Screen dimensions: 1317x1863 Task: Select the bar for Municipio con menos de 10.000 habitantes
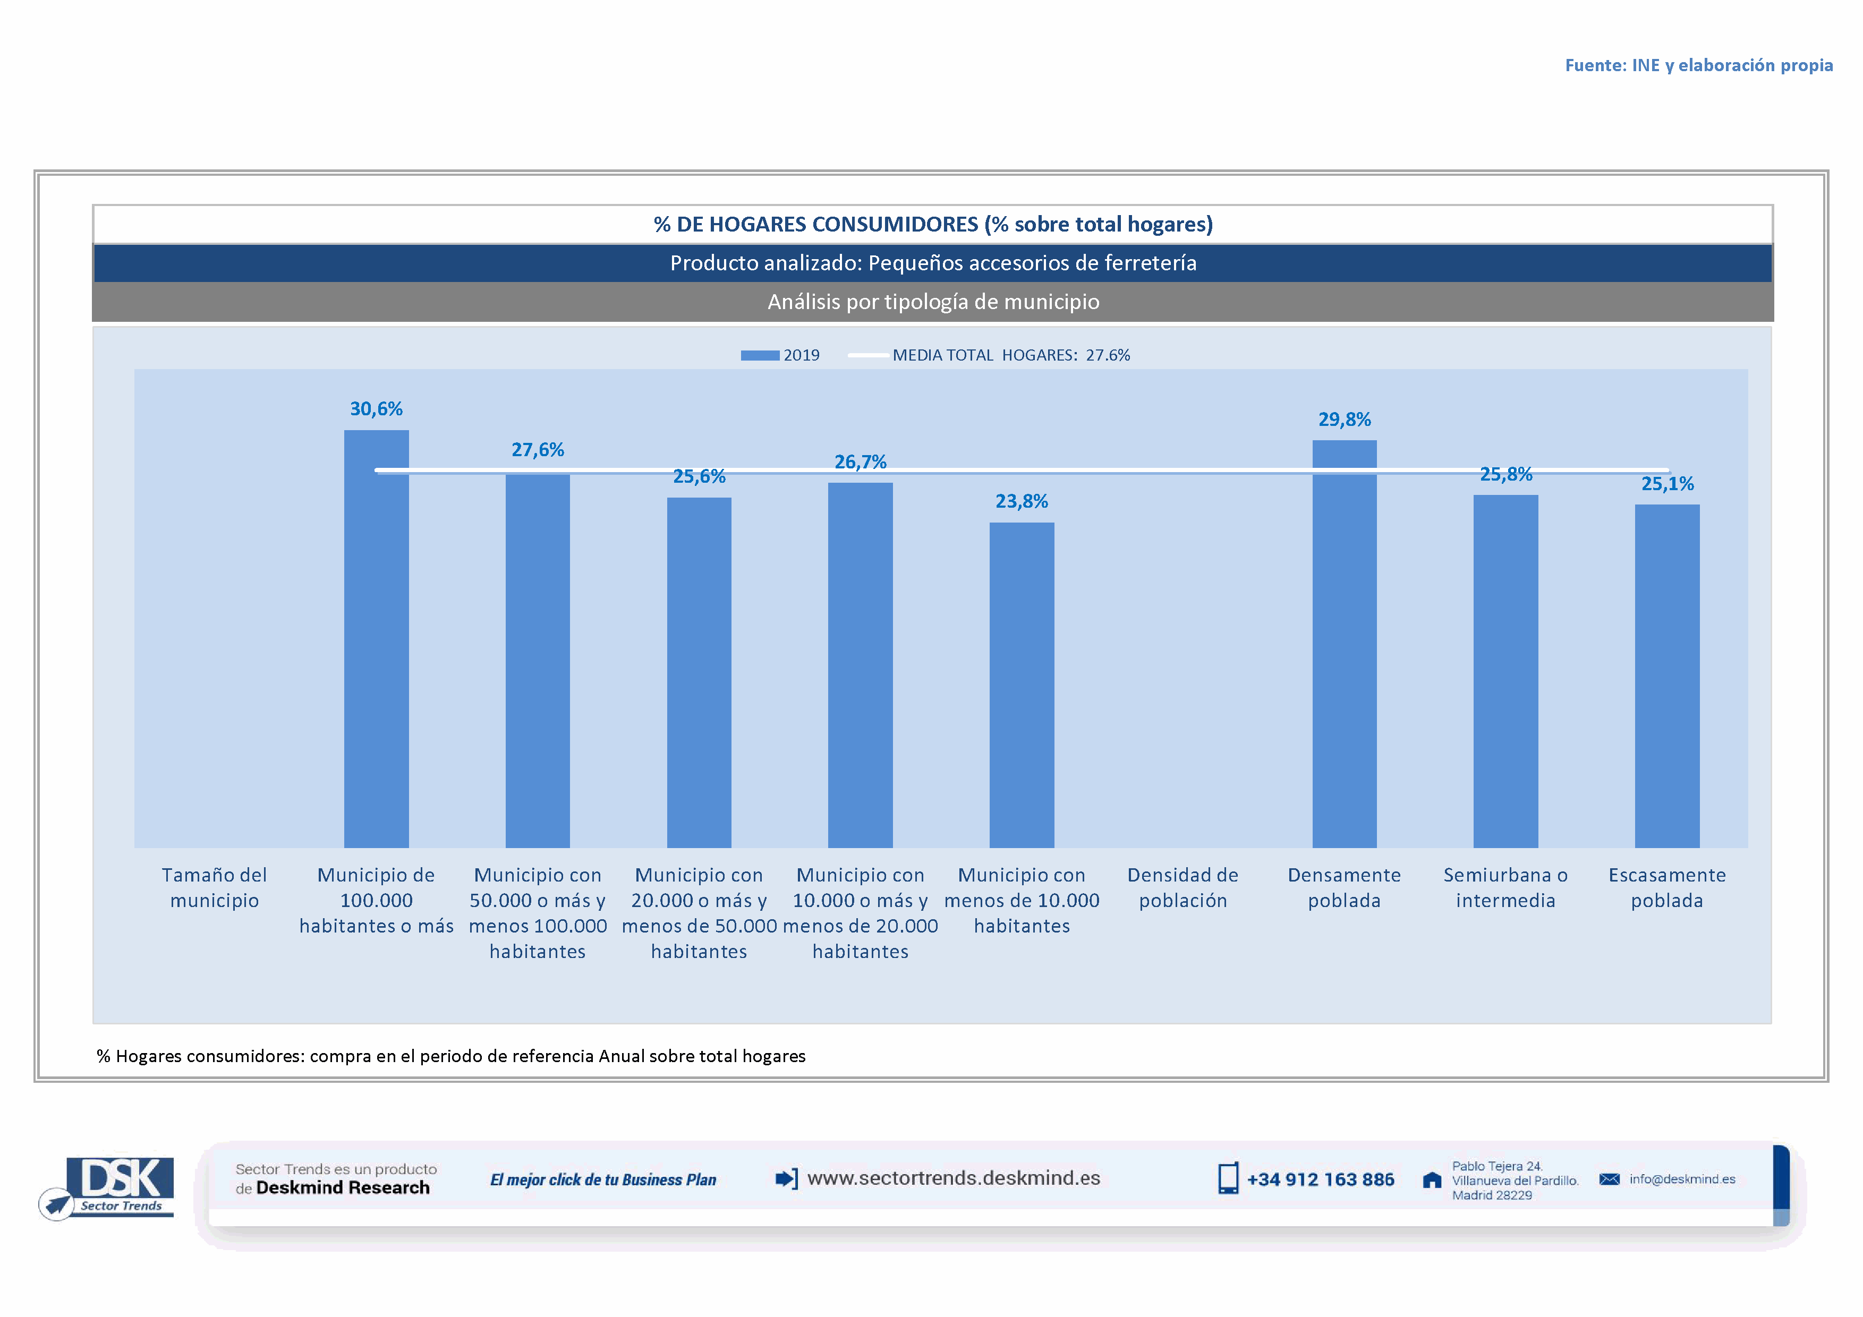pos(1022,685)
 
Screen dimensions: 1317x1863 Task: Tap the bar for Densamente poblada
pos(1345,645)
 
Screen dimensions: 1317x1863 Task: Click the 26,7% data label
pos(860,462)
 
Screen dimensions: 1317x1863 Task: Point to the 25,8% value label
pos(1506,474)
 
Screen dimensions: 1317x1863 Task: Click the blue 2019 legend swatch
pos(760,355)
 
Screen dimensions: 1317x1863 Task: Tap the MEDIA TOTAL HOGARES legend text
pos(1011,355)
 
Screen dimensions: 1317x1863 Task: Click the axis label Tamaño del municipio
pos(214,888)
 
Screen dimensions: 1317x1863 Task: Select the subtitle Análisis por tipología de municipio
pos(933,302)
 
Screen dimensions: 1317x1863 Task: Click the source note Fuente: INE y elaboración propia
pos(1698,65)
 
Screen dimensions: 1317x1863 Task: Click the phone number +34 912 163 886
pos(1320,1180)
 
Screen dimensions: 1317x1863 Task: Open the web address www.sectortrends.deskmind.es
pos(954,1178)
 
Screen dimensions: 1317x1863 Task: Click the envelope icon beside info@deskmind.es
pos(1609,1179)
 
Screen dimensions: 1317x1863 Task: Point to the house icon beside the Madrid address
pos(1432,1181)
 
